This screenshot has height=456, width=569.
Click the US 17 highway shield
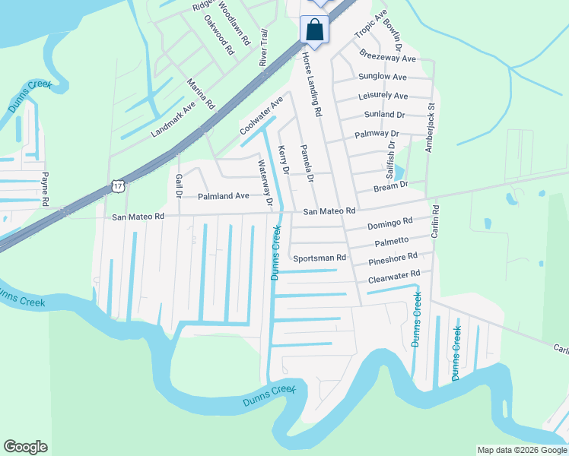116,185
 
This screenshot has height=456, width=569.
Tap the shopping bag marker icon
314,30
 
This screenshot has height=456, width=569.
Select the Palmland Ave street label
224,196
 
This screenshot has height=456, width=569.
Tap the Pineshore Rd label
393,261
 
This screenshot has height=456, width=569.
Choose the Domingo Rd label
389,224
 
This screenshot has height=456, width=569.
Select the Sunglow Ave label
383,77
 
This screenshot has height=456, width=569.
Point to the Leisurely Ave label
383,96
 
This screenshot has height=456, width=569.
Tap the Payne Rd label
46,188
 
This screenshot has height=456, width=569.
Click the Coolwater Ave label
262,116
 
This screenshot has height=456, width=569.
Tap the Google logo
25,447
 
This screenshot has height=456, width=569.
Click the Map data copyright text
521,450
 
